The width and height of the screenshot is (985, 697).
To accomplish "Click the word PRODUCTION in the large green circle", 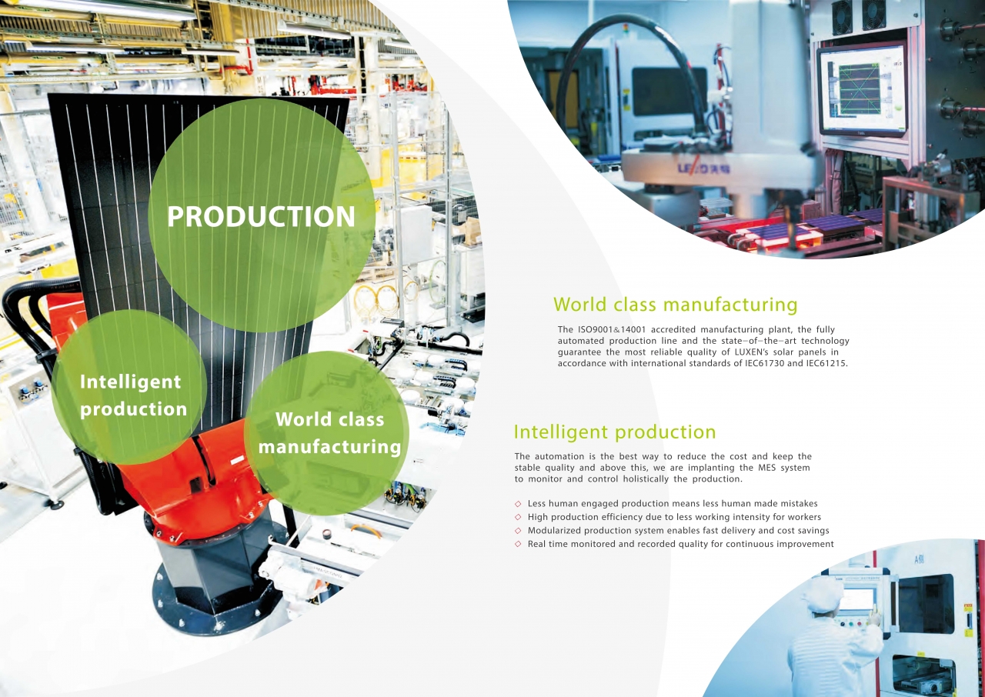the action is [261, 216].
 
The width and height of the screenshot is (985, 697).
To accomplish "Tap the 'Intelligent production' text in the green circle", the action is [133, 395].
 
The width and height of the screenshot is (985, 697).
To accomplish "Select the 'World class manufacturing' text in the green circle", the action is [330, 433].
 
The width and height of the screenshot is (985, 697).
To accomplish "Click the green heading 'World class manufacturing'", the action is [675, 304].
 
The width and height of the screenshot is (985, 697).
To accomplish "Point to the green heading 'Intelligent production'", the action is [615, 432].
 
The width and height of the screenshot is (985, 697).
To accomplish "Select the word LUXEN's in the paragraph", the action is [753, 352].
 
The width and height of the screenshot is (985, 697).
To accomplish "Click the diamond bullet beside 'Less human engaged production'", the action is [518, 504].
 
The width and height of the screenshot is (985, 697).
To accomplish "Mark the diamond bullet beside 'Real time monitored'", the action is [518, 544].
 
